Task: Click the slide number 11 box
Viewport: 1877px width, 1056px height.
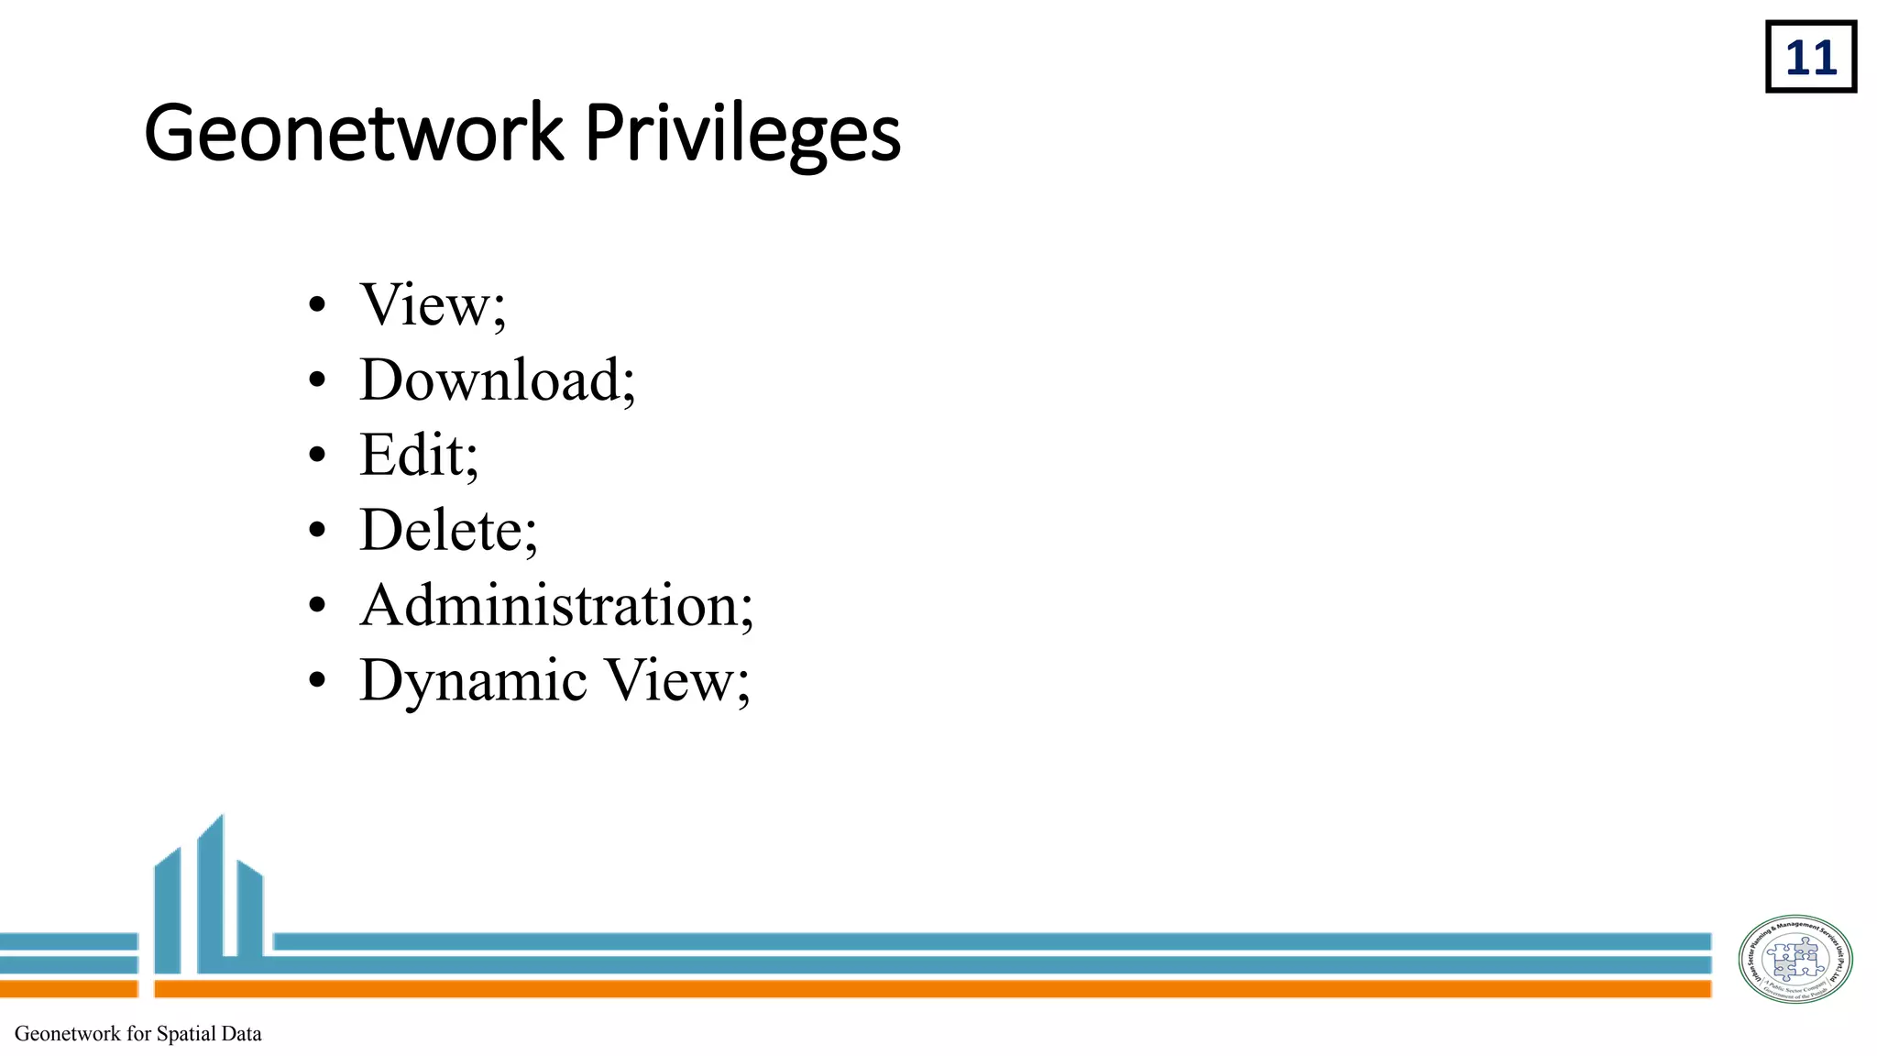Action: (x=1810, y=58)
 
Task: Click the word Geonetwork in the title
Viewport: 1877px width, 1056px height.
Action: (x=353, y=134)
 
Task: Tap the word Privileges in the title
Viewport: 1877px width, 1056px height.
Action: (x=742, y=134)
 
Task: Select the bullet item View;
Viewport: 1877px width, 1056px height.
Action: (x=432, y=305)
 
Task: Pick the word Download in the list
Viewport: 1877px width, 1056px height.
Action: (x=490, y=380)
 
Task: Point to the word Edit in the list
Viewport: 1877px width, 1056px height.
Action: (x=412, y=455)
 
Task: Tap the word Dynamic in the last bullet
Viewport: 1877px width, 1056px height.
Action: (x=473, y=682)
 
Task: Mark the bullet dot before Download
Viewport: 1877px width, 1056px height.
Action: (x=317, y=380)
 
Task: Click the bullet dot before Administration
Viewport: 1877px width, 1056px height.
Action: (x=317, y=606)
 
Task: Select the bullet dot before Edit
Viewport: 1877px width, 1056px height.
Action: (x=317, y=456)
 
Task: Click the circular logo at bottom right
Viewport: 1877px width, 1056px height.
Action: (x=1795, y=960)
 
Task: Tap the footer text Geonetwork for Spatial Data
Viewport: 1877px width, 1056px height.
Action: (x=138, y=1034)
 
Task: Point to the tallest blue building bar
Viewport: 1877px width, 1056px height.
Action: (x=211, y=894)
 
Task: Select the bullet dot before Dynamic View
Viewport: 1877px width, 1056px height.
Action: (x=317, y=681)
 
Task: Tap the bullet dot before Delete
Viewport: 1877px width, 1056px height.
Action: (x=317, y=531)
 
